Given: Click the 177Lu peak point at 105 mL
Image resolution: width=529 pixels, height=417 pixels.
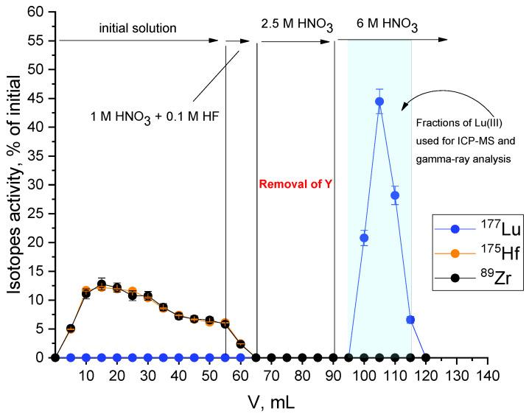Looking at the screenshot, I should click(x=379, y=102).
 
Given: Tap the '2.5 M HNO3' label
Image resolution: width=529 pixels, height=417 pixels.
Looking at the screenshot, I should click(x=295, y=24).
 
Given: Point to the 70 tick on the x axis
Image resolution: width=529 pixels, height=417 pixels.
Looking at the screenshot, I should click(x=271, y=374).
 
